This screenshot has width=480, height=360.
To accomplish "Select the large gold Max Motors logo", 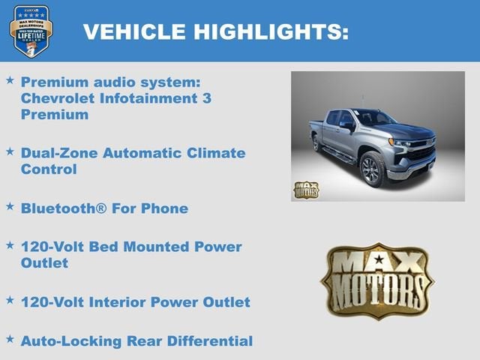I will click(x=377, y=280).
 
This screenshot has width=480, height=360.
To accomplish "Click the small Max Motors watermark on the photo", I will click(x=305, y=190).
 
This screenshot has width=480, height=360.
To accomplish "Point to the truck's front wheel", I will click(x=372, y=169).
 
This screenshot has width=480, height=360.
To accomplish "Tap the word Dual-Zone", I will click(x=58, y=153).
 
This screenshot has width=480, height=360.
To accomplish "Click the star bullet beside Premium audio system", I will click(x=10, y=79).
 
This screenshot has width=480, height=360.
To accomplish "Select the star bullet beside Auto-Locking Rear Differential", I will click(x=10, y=338).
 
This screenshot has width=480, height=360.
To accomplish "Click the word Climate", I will click(x=219, y=153).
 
